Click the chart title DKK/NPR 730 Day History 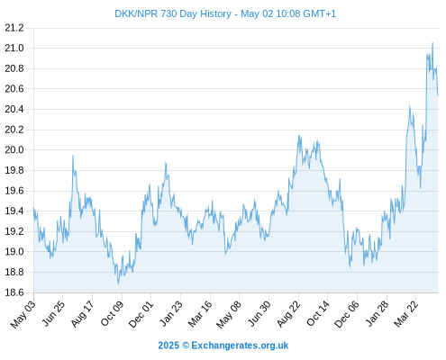173,13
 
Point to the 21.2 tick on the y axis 14,28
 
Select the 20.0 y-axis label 14,149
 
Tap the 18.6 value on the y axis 14,292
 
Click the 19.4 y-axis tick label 14,211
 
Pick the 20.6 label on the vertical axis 14,89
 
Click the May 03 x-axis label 23,314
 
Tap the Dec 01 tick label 141,314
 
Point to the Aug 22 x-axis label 288,314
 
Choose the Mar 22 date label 406,314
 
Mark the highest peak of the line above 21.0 432,43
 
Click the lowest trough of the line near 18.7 118,283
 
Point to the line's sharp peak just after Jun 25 73,156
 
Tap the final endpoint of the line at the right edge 438,95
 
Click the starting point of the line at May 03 33,208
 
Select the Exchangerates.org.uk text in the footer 240,346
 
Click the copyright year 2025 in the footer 168,346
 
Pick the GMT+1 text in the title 320,13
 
